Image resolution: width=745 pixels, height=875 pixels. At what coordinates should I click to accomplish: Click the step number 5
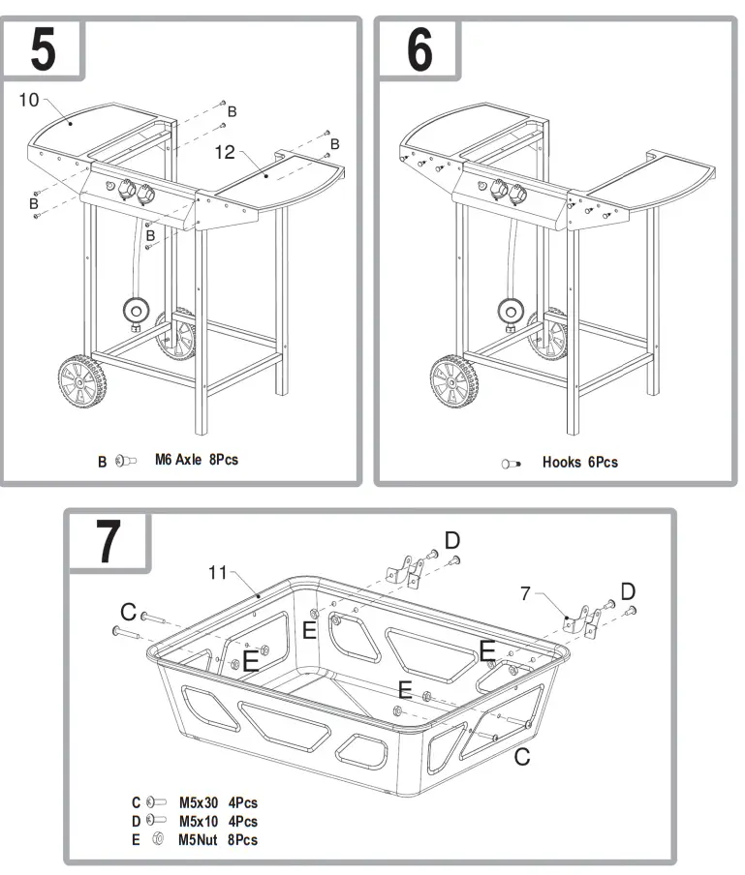point(43,50)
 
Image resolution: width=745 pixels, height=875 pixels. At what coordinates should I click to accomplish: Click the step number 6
point(418,50)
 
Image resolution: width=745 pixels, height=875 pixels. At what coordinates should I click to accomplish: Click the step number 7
point(108,545)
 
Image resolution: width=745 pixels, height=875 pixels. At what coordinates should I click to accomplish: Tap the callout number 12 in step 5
point(225,152)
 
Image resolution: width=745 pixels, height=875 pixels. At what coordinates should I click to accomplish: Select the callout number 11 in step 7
point(218,572)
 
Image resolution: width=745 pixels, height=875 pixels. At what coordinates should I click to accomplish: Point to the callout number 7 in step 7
point(525,593)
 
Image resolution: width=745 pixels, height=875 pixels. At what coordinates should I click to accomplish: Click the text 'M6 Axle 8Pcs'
point(196,460)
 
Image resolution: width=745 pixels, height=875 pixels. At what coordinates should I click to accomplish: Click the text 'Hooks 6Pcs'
point(579,463)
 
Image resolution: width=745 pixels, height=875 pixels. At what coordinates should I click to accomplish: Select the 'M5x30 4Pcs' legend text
point(218,802)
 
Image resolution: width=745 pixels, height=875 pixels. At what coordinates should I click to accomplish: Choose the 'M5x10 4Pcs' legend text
point(218,821)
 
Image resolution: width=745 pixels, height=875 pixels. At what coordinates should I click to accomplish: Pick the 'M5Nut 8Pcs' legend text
point(218,840)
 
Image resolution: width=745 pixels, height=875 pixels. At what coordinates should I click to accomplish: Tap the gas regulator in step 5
point(136,311)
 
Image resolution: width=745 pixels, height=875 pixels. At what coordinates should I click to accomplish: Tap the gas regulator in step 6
point(509,311)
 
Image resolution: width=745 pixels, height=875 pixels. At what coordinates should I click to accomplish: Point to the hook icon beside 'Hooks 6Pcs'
point(512,464)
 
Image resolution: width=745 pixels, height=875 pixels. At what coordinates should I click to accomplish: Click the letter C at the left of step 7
point(128,612)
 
